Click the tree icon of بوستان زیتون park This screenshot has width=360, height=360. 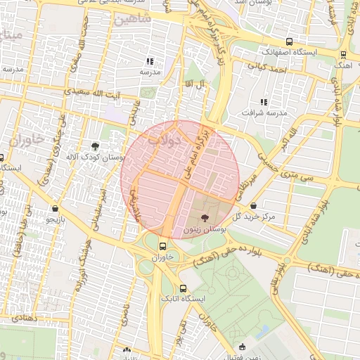205,218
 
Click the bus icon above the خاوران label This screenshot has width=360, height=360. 162,246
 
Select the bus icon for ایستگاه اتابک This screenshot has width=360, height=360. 183,288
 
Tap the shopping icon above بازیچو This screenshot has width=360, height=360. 55,209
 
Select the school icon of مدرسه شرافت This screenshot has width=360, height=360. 264,103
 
